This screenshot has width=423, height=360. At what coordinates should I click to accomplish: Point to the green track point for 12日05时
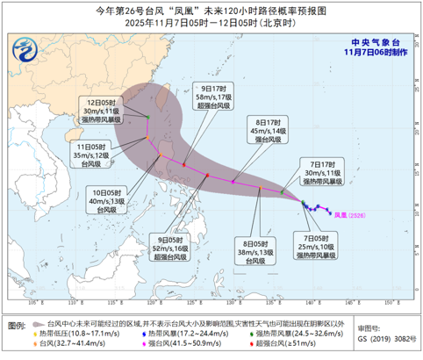[147, 116]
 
